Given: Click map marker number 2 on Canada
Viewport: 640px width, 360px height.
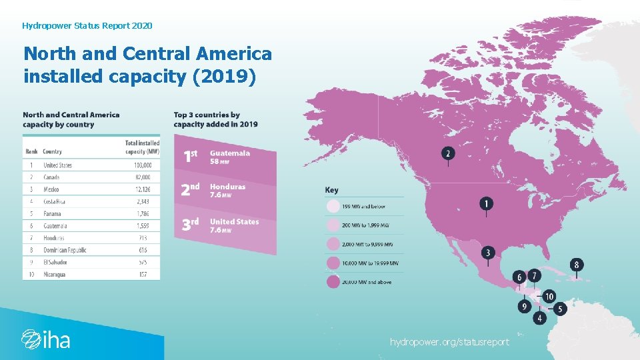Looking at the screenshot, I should (448, 153).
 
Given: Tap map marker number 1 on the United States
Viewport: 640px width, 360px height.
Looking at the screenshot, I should (487, 203).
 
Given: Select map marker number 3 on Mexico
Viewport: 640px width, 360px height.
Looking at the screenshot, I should (489, 253).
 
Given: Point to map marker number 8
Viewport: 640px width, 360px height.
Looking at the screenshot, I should (577, 264).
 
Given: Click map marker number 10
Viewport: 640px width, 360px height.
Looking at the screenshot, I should (549, 296).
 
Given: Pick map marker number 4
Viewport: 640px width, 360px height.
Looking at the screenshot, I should (539, 319).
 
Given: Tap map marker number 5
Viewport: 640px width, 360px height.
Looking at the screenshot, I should (560, 309).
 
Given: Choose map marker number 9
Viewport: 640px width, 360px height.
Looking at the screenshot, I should (525, 307).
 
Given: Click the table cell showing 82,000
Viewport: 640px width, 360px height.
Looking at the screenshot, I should (141, 177).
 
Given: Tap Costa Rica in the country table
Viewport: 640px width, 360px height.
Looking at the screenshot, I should (55, 201).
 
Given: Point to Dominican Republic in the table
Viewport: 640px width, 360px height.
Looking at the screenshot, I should (65, 250).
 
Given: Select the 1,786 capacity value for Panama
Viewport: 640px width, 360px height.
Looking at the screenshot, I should (141, 214).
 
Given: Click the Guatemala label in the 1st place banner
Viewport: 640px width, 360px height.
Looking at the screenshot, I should (230, 153).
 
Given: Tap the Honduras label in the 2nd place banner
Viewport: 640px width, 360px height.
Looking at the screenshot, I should (227, 187).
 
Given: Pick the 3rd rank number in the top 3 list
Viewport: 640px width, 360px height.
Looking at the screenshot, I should (191, 224).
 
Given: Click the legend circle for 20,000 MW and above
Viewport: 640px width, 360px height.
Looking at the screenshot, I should (332, 282).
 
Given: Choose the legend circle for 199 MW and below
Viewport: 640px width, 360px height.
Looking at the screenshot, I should (332, 207).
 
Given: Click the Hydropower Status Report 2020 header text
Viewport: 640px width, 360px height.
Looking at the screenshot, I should (87, 25).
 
